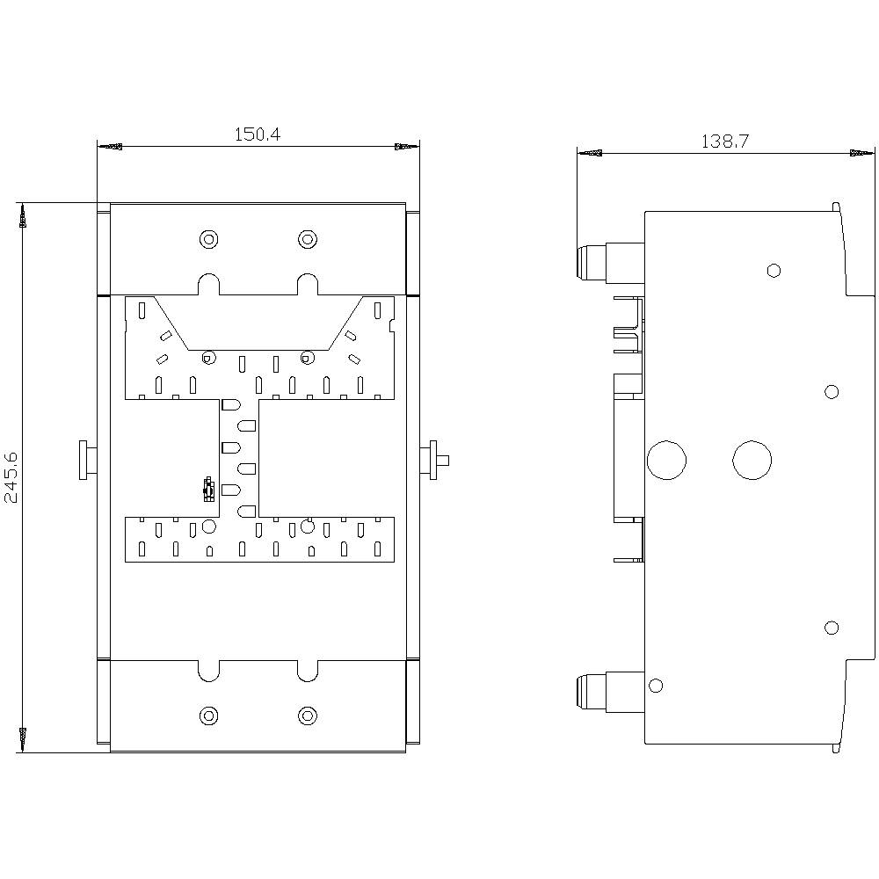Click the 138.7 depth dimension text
724,141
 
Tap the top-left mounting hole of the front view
208,238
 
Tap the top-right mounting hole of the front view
307,238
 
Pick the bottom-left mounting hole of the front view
208,716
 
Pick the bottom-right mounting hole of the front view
307,716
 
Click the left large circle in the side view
666,460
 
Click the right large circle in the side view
752,460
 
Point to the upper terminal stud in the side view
592,261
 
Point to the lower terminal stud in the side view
592,691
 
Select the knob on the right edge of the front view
433,460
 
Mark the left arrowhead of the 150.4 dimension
111,147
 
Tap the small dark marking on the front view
208,490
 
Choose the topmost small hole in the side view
774,270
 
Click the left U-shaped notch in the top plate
208,284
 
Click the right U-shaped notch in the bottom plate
307,670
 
